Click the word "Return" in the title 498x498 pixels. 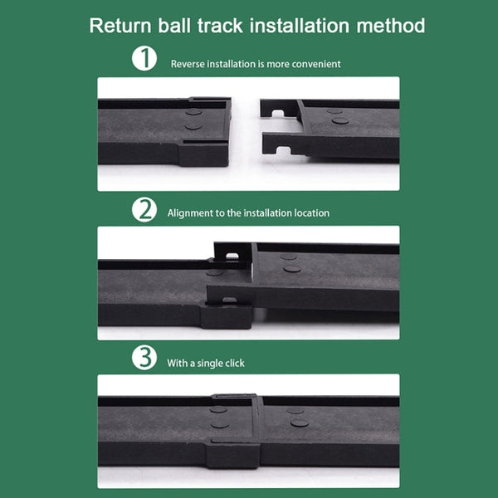tap(120, 26)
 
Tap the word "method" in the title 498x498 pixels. tap(391, 26)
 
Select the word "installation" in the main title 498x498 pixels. tap(300, 26)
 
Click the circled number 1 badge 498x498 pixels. tap(144, 58)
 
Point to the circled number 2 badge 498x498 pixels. tap(144, 210)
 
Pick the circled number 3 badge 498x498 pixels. tap(144, 358)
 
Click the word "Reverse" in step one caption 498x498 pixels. tap(188, 64)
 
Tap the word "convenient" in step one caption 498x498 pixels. tap(316, 64)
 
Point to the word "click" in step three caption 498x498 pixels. tap(234, 363)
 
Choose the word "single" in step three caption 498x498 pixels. tap(209, 364)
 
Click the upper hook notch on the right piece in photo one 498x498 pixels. tap(278, 113)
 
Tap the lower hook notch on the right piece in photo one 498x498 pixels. tap(283, 150)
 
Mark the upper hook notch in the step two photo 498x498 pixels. tap(232, 256)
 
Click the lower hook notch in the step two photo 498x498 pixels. tap(229, 300)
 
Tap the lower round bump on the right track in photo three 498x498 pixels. tap(299, 422)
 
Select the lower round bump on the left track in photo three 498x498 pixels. tap(220, 424)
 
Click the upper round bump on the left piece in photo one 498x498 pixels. tap(193, 112)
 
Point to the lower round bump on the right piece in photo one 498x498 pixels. tap(340, 120)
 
